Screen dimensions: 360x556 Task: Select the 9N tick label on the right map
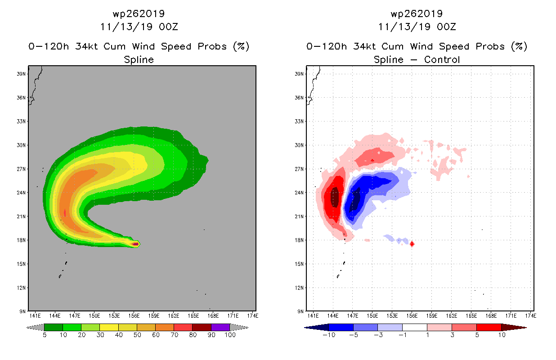pos(300,311)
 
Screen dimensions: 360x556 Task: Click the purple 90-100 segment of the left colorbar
pos(220,327)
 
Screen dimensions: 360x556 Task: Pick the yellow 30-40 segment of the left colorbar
pos(109,327)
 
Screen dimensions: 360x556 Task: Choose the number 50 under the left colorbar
pos(137,336)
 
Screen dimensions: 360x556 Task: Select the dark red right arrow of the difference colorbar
pos(513,327)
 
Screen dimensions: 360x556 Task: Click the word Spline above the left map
pos(139,59)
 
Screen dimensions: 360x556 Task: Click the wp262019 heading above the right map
pos(417,13)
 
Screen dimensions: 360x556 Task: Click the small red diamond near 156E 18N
pos(412,244)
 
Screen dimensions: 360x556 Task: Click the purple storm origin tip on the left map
pos(135,244)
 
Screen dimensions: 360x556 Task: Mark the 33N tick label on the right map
pos(300,121)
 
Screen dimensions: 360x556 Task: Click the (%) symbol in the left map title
pos(241,46)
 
